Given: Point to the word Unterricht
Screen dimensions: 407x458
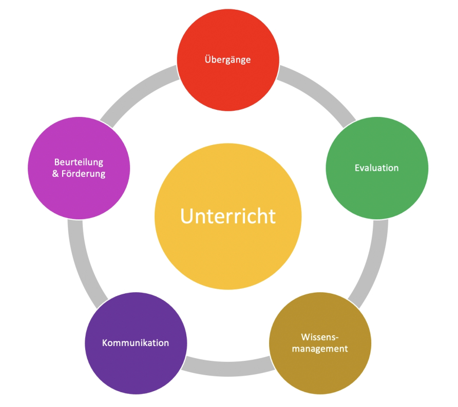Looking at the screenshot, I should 228,216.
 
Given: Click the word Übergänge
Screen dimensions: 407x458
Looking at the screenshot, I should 228,59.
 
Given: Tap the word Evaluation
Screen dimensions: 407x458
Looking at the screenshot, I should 377,168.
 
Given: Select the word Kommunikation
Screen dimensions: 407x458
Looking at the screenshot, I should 136,342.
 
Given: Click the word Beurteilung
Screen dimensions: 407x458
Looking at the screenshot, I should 79,162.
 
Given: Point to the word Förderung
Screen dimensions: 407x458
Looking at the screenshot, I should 85,174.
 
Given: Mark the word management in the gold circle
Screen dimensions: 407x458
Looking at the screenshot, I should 320,349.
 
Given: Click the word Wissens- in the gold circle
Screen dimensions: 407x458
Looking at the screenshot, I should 320,337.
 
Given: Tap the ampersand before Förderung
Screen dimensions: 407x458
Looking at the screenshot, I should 56,174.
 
